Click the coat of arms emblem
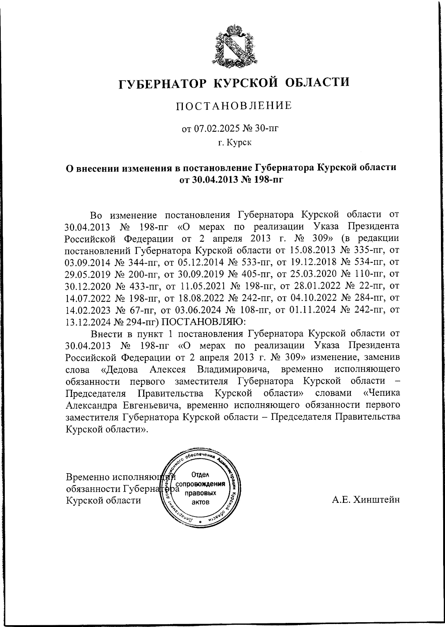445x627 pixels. pos(233,46)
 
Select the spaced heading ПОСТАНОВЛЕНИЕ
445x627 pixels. pos(234,106)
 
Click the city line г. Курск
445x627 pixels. pos(234,143)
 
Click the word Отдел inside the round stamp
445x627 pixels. pos(201,474)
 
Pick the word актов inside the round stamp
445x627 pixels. pos(201,502)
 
